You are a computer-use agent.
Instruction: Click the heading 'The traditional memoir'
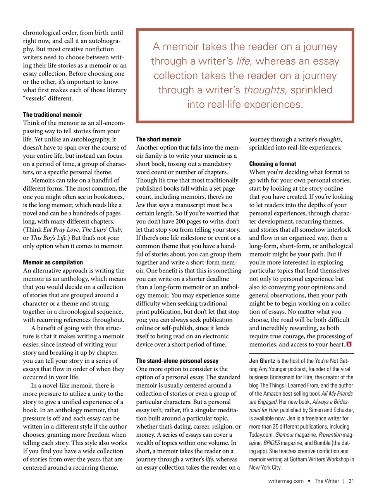(52, 115)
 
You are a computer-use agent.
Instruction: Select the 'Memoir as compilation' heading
(53, 262)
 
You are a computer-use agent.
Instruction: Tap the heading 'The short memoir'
(158, 139)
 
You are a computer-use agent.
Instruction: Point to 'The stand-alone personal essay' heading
(177, 361)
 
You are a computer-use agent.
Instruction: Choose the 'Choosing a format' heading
(272, 164)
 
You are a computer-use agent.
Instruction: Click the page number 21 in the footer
(351, 481)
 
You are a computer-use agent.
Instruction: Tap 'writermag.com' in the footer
(286, 481)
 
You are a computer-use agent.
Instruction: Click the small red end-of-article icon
(349, 344)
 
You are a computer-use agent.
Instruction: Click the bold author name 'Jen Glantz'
(262, 361)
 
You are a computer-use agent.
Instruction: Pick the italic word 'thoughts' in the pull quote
(264, 90)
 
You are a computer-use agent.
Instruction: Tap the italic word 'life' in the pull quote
(243, 61)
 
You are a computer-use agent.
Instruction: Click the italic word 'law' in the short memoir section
(141, 205)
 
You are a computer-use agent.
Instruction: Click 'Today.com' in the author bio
(261, 435)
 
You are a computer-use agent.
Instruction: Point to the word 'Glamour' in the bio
(284, 435)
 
